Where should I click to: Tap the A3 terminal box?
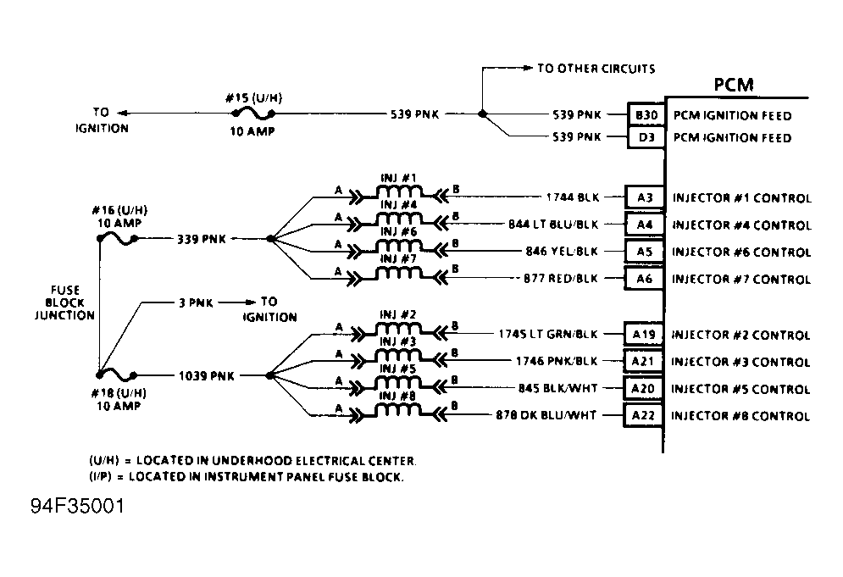tap(644, 198)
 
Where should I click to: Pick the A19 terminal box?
tap(644, 335)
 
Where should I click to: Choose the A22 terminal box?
tap(644, 415)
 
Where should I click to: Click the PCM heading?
tap(733, 85)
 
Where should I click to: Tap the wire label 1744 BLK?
tap(574, 198)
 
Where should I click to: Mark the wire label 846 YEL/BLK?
tap(562, 252)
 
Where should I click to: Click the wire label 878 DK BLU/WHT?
tap(546, 415)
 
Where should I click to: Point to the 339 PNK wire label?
tap(201, 239)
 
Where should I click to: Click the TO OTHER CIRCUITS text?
tap(596, 69)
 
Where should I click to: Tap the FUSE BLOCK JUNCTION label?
tap(64, 302)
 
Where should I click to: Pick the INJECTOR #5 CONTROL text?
tap(741, 389)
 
